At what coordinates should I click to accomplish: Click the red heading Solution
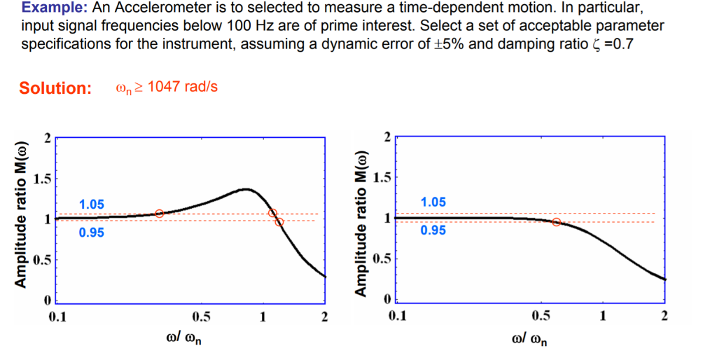tap(55, 88)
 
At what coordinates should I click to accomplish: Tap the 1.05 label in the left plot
tap(91, 205)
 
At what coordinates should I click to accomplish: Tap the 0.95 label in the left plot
tap(91, 233)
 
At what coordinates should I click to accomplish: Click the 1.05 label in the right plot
tap(433, 202)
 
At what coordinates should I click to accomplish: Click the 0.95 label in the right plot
tap(433, 230)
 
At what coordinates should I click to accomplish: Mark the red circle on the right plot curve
tap(557, 222)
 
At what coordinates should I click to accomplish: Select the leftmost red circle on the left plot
tap(159, 213)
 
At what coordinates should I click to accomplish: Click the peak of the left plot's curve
tap(246, 189)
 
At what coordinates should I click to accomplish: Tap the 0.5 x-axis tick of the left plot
tap(202, 317)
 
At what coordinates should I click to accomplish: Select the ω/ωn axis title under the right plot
tap(530, 339)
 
